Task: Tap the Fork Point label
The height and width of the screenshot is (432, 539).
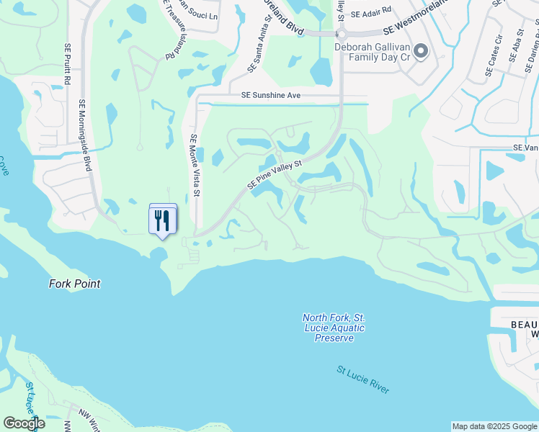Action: point(74,284)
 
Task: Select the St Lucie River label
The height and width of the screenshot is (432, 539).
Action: point(363,379)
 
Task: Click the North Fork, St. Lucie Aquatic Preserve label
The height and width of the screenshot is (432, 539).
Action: point(333,328)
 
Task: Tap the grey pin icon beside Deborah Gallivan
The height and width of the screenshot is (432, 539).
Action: point(422,50)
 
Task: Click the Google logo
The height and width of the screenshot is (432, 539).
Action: point(24,423)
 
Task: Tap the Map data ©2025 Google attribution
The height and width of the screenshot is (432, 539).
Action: point(494,426)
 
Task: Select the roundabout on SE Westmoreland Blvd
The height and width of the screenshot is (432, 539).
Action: point(341,33)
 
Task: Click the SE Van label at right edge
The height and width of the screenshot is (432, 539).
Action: point(525,147)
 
